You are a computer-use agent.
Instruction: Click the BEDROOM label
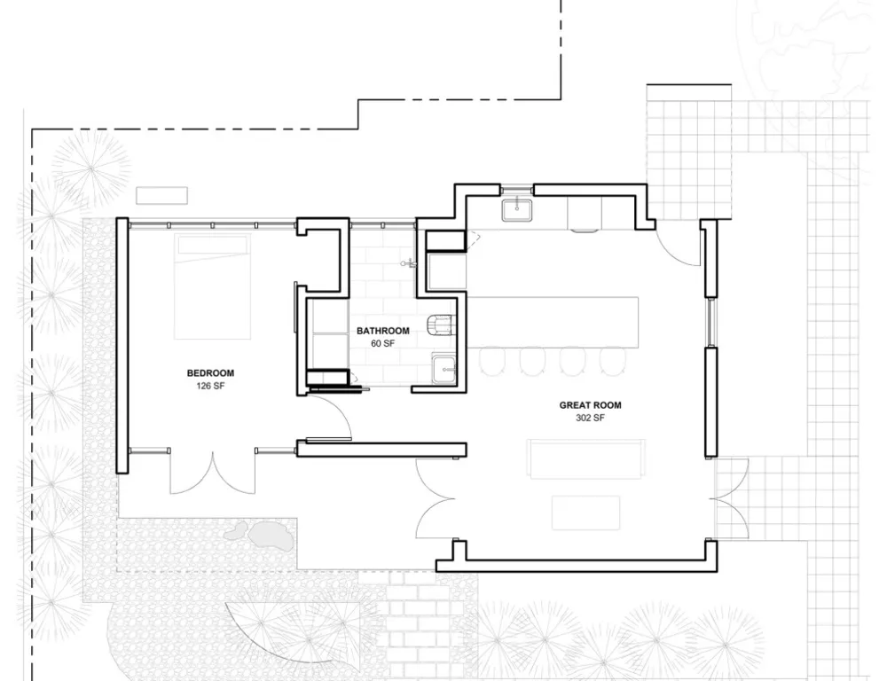(x=210, y=373)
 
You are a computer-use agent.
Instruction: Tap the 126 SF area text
(x=210, y=387)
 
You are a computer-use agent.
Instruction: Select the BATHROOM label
(x=383, y=331)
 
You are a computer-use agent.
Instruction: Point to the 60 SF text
(x=383, y=343)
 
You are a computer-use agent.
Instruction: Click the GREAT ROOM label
(x=590, y=405)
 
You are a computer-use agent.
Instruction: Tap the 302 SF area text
(x=590, y=418)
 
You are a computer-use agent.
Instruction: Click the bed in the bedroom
(x=212, y=286)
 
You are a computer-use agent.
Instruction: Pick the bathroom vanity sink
(x=443, y=370)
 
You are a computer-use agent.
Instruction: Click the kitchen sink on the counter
(x=516, y=209)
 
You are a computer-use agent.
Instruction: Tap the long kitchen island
(x=553, y=323)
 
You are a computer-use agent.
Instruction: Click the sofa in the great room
(x=586, y=458)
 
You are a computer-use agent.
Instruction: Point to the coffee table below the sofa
(x=586, y=513)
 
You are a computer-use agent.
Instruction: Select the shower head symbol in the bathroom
(x=410, y=263)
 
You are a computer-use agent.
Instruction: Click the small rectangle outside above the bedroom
(x=161, y=196)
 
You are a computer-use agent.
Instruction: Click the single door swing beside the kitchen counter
(x=678, y=246)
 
